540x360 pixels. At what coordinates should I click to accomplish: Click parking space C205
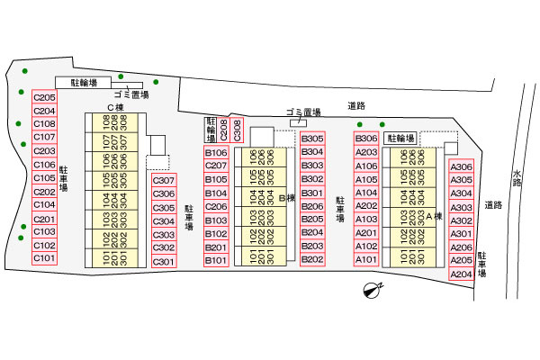click(x=44, y=97)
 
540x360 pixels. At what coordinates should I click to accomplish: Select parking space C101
click(x=44, y=258)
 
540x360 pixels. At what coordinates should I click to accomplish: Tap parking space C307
click(x=164, y=180)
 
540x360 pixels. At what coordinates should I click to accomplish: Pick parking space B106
click(x=216, y=152)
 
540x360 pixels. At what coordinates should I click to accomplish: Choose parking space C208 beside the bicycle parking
click(x=223, y=130)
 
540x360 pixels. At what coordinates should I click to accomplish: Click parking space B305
click(x=312, y=139)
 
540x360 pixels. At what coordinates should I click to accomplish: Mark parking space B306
click(x=366, y=139)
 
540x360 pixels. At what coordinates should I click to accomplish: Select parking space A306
click(x=462, y=166)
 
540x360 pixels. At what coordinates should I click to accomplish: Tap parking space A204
click(x=462, y=274)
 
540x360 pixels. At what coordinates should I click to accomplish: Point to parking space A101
click(x=366, y=259)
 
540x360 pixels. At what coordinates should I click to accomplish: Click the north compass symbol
click(x=373, y=290)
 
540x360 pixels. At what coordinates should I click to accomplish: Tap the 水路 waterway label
click(x=517, y=178)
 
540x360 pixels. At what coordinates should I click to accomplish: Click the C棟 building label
click(x=115, y=108)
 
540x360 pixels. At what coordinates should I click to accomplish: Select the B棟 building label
click(x=287, y=198)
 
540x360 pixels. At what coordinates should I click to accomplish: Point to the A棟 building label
click(x=434, y=216)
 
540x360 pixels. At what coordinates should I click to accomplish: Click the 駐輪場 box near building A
click(x=400, y=139)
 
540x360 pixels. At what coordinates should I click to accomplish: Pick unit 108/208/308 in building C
click(x=115, y=122)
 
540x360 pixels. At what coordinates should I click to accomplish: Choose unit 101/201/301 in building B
click(x=264, y=256)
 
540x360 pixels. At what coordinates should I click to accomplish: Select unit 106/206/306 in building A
click(x=412, y=157)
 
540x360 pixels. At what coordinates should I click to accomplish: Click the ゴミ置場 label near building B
click(x=303, y=112)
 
